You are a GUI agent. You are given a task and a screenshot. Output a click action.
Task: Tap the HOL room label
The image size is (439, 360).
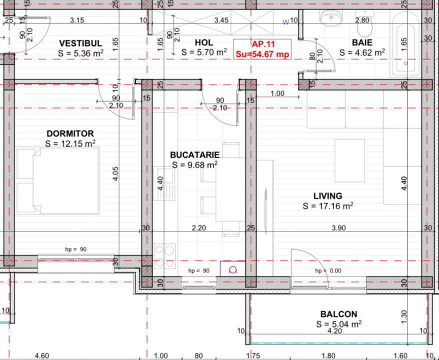pyautogui.click(x=203, y=43)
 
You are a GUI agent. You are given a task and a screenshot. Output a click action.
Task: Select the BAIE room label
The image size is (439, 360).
pyautogui.click(x=361, y=43)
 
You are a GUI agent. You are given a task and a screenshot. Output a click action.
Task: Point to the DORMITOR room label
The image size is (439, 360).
pyautogui.click(x=70, y=133)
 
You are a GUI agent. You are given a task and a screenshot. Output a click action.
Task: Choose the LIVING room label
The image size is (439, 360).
pyautogui.click(x=328, y=196)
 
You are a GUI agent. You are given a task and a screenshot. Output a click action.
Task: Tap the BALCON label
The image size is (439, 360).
pyautogui.click(x=338, y=314)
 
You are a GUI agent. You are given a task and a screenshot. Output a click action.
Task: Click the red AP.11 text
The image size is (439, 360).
pyautogui.click(x=263, y=44)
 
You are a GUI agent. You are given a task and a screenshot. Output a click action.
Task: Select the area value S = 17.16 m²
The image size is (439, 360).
pyautogui.click(x=328, y=205)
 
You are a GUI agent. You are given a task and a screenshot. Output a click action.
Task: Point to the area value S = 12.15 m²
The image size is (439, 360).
pyautogui.click(x=70, y=143)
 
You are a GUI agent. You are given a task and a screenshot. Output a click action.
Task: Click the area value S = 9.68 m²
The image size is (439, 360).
pyautogui.click(x=194, y=164)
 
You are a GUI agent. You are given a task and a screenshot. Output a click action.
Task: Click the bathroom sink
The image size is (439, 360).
pyautogui.click(x=330, y=18)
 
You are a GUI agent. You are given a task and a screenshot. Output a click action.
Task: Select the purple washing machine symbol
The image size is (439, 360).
pyautogui.click(x=232, y=268)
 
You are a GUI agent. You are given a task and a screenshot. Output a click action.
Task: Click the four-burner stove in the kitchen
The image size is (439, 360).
pyautogui.click(x=165, y=255)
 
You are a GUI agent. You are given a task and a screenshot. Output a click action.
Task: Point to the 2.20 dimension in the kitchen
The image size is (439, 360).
pyautogui.click(x=199, y=228)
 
